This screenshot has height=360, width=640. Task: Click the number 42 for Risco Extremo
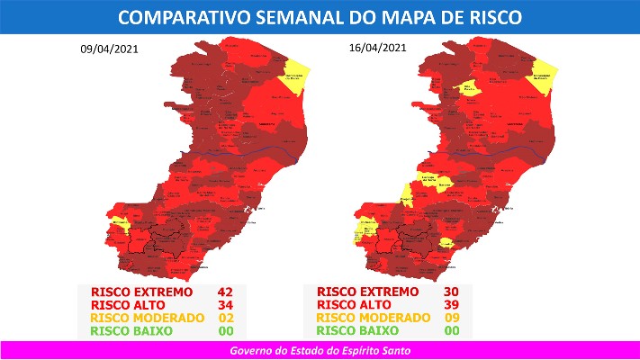226,292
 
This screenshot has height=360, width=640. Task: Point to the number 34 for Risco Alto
226,305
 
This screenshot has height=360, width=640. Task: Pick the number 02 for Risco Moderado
226,318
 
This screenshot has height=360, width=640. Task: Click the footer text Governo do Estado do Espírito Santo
320,349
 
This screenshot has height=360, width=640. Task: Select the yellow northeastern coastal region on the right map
543,71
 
